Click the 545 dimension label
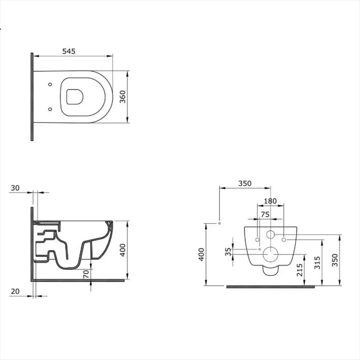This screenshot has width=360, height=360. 69,51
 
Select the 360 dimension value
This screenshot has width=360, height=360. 123,97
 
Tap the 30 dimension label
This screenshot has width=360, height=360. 15,188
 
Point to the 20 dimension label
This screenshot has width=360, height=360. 15,291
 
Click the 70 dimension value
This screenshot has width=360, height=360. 86,274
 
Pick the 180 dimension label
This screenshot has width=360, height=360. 270,201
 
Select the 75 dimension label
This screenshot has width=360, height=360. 265,214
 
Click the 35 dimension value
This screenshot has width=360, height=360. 228,252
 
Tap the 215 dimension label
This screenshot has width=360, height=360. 300,270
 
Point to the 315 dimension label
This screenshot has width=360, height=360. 317,263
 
